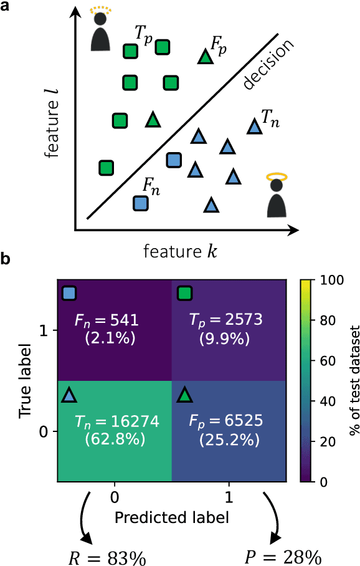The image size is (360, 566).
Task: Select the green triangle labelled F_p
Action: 204,57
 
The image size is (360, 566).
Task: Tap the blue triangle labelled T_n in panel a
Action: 253,127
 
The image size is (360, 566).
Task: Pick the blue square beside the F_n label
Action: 141,203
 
